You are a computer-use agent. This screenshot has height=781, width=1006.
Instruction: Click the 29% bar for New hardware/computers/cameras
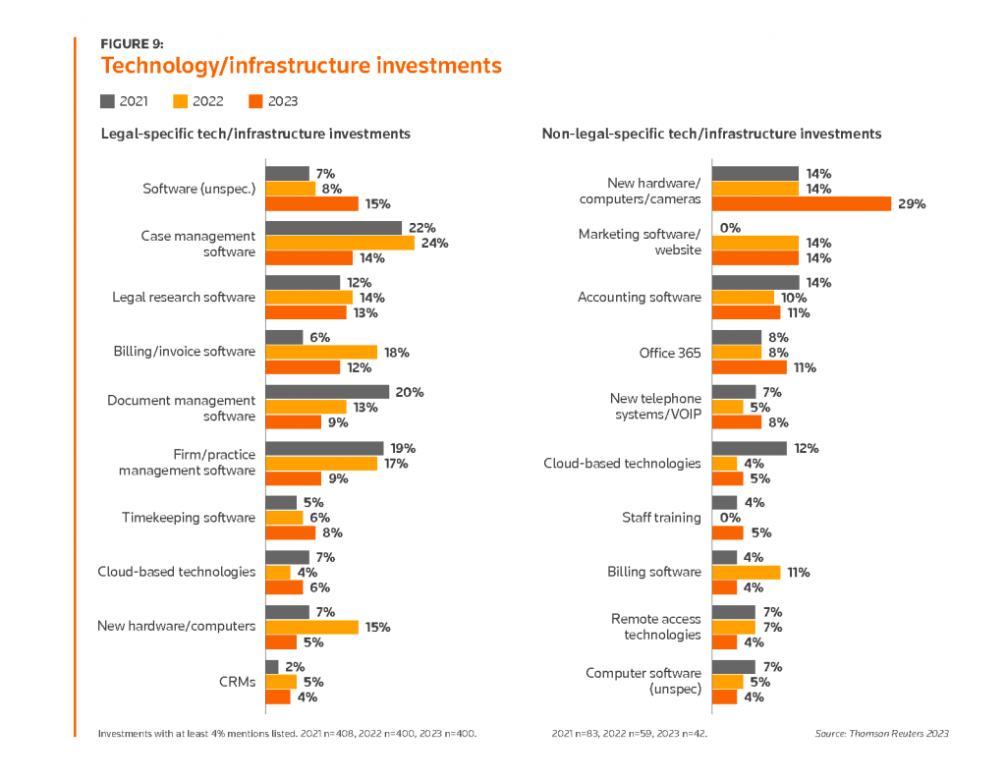pos(800,203)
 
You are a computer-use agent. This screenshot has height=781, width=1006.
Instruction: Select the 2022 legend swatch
pos(180,100)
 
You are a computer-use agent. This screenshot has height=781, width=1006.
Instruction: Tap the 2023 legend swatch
pos(256,100)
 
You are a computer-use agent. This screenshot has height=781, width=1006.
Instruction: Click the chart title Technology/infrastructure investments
pos(301,66)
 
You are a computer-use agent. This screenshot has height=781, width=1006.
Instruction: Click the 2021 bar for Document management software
pos(327,392)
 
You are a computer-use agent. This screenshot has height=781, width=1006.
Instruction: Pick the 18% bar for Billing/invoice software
pos(321,352)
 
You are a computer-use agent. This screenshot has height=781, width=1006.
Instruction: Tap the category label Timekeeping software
pos(188,518)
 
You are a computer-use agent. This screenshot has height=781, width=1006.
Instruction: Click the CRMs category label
pos(238,682)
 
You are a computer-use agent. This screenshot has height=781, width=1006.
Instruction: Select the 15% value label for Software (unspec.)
pos(378,204)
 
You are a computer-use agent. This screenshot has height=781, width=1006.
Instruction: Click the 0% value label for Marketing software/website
pos(730,228)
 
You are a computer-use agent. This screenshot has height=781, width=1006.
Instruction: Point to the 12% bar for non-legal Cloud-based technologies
pos(749,448)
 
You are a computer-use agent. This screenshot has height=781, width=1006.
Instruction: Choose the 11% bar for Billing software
pos(746,572)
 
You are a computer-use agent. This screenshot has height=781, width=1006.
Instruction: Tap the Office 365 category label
pos(670,353)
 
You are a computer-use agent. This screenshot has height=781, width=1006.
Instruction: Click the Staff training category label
pos(661,518)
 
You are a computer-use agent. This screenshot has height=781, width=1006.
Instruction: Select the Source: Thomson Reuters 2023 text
pos(881,733)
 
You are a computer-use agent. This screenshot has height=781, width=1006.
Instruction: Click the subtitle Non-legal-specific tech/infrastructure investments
pos(711,134)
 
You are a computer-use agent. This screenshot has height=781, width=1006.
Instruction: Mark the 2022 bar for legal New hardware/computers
pos(311,627)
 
